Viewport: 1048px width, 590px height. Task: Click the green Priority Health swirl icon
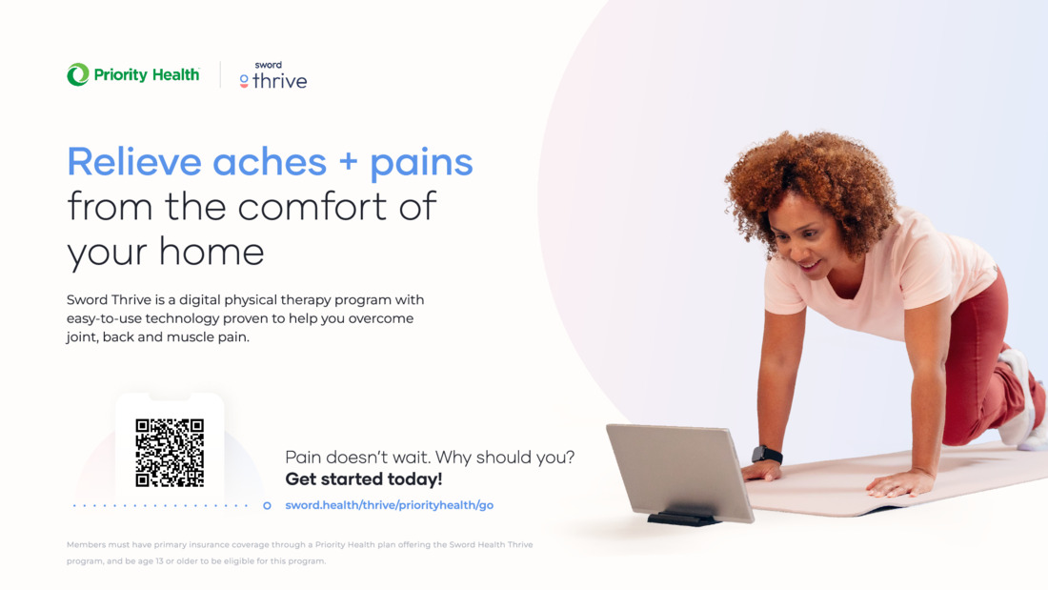77,74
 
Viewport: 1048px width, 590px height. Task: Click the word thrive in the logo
280,81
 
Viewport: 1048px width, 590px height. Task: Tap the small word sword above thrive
268,65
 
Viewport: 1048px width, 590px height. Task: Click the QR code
170,453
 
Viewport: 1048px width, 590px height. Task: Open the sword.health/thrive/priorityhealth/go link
389,505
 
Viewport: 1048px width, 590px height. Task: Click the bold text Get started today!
364,478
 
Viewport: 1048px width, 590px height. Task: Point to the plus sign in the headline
348,163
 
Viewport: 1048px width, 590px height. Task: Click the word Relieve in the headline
133,161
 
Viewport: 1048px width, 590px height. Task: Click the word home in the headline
212,252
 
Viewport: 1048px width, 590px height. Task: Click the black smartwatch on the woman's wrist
767,455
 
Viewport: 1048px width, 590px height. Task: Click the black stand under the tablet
683,518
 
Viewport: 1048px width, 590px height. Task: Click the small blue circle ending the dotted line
267,506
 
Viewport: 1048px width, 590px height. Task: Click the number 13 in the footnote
159,561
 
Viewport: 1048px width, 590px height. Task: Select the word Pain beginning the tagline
301,457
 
